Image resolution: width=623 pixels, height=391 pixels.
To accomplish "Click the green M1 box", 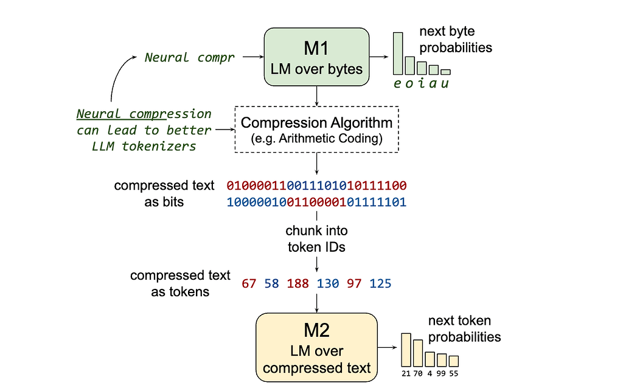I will (x=316, y=56).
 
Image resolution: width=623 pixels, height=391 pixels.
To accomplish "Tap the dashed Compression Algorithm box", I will (x=316, y=129).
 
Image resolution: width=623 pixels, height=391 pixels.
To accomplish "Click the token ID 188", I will (x=298, y=283).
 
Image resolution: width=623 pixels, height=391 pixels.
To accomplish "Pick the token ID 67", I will (x=249, y=283).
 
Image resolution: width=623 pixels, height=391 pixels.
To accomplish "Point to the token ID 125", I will (x=380, y=283).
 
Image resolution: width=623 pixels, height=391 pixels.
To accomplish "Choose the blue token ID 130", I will (x=328, y=283).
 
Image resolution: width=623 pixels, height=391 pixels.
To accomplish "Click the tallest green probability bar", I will (x=398, y=54).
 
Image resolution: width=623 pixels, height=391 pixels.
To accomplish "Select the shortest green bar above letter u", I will (x=445, y=72).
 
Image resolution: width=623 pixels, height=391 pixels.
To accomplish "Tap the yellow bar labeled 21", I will (x=406, y=350).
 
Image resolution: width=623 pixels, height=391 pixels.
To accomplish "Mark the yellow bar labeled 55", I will (x=453, y=361).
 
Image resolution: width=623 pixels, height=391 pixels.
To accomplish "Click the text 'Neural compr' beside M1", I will (x=189, y=58).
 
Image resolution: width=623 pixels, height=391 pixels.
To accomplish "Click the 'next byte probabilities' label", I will (x=455, y=39).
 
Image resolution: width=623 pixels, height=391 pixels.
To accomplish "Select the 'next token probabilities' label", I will (x=464, y=328).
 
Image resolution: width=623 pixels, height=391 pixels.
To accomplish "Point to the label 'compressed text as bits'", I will (x=164, y=193).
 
